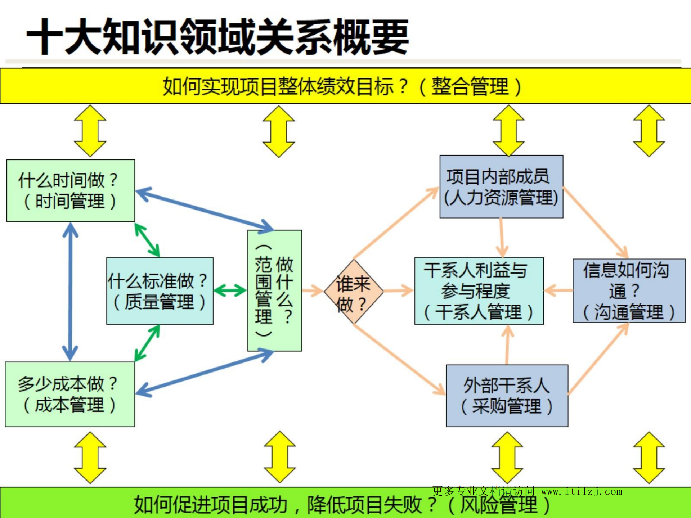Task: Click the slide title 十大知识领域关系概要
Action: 217,37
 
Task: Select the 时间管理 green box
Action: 71,190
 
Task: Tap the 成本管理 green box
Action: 70,394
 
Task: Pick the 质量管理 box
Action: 160,291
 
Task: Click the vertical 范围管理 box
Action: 275,290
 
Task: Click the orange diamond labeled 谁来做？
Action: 353,292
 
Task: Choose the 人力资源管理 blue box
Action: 501,186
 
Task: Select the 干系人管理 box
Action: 479,291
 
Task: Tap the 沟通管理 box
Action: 629,290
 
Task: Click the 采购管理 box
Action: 507,396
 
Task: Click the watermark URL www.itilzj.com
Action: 581,491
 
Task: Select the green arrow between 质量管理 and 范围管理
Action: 230,290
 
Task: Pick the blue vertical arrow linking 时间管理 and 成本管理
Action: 70,292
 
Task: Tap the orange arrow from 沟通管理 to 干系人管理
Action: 558,290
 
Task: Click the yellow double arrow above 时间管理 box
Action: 90,131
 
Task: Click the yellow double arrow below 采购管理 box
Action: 507,458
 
